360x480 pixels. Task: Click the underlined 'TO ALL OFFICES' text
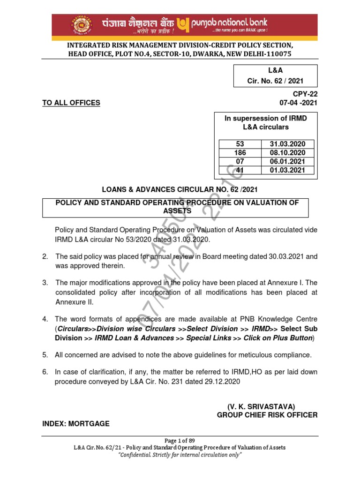(71, 103)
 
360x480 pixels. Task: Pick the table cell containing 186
(240, 153)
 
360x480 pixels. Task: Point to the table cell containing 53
(240, 144)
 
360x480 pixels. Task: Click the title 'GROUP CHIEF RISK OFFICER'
(267, 415)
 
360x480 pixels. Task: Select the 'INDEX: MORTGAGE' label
(76, 424)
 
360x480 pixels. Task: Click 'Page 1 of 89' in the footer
(180, 441)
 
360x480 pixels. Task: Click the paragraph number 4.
(45, 319)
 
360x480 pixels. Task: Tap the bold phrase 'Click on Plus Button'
(278, 338)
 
